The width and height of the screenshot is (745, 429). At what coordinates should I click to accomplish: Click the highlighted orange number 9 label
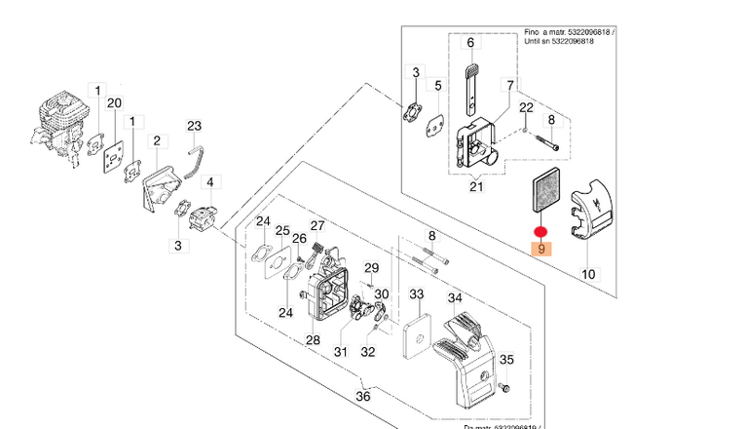tap(541, 250)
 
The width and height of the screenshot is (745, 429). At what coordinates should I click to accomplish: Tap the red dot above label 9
tap(541, 233)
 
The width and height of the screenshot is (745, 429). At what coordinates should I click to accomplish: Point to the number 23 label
tap(194, 126)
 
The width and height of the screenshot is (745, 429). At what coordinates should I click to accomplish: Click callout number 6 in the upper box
tap(469, 43)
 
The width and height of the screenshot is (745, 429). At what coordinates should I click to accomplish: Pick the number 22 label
tap(525, 106)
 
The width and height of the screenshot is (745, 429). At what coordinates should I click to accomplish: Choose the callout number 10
tap(588, 275)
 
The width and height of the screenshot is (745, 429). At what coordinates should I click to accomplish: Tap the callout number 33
tap(416, 293)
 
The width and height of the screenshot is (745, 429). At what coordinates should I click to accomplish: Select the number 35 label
tap(506, 361)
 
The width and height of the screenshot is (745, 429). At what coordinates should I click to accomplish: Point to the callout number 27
tap(317, 226)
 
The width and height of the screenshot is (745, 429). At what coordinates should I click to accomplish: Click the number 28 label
tap(313, 339)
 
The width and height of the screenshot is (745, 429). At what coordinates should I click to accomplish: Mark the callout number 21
tap(476, 187)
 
